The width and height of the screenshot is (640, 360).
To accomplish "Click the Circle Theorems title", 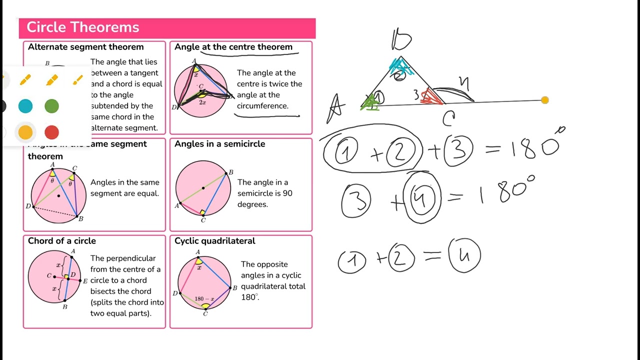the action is click(83, 27).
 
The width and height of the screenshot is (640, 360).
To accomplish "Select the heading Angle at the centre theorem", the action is click(233, 47).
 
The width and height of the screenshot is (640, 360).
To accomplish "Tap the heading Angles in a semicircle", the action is click(219, 144).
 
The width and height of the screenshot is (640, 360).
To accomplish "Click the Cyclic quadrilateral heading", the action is click(215, 241).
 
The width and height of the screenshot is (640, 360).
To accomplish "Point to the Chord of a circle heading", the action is click(62, 241).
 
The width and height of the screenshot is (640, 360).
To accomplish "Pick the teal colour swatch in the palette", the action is click(25, 106).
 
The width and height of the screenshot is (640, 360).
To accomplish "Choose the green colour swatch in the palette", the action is click(51, 106).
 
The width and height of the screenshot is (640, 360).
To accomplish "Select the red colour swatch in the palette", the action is click(51, 132).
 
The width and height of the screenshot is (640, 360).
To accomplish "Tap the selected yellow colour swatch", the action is click(25, 132).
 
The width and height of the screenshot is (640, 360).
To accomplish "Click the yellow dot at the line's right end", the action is click(545, 100).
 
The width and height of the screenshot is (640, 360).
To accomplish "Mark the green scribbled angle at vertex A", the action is click(370, 103).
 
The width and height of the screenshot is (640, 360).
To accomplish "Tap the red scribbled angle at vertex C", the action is click(431, 96).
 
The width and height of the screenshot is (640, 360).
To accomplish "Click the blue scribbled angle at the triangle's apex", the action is click(400, 66).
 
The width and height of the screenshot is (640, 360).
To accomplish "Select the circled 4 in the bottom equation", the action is click(464, 255).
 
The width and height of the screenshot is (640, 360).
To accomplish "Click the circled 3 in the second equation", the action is click(356, 200).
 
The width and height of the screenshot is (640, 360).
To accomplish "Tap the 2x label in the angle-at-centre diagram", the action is click(202, 102).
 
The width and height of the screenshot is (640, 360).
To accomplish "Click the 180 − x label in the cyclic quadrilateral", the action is click(204, 299).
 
